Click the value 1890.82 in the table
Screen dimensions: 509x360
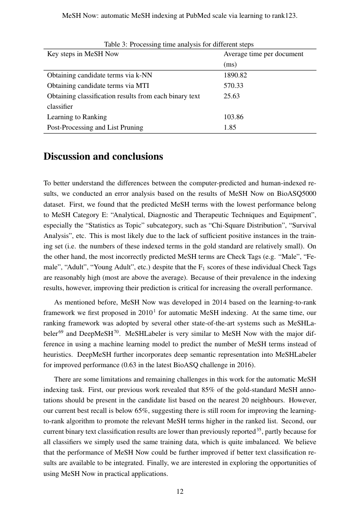pyautogui.click(x=235, y=75)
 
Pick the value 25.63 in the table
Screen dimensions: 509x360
pyautogui.click(x=232, y=96)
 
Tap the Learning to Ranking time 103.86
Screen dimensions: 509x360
pyautogui.click(x=233, y=117)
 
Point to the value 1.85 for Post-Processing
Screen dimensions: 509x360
pyautogui.click(x=230, y=127)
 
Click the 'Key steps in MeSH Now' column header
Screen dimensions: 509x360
pyautogui.click(x=83, y=54)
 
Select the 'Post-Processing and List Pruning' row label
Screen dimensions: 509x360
pyautogui.click(x=95, y=127)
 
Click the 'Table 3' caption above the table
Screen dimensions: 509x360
pyautogui.click(x=178, y=44)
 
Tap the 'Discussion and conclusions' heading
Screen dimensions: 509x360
pyautogui.click(x=103, y=157)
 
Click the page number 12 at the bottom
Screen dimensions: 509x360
pyautogui.click(x=180, y=492)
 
